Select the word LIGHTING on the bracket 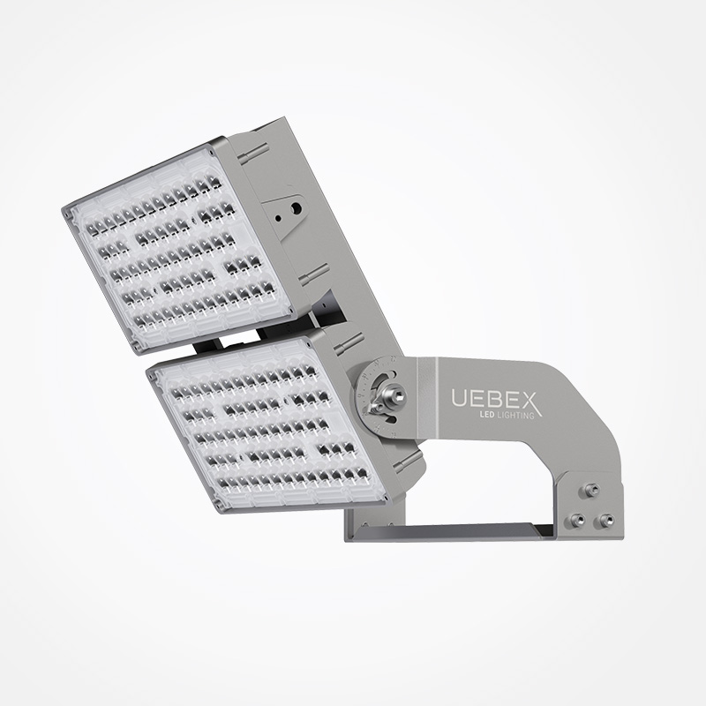[514, 415]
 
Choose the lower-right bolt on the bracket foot [604, 522]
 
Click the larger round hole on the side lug [296, 208]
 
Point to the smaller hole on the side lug [278, 219]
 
